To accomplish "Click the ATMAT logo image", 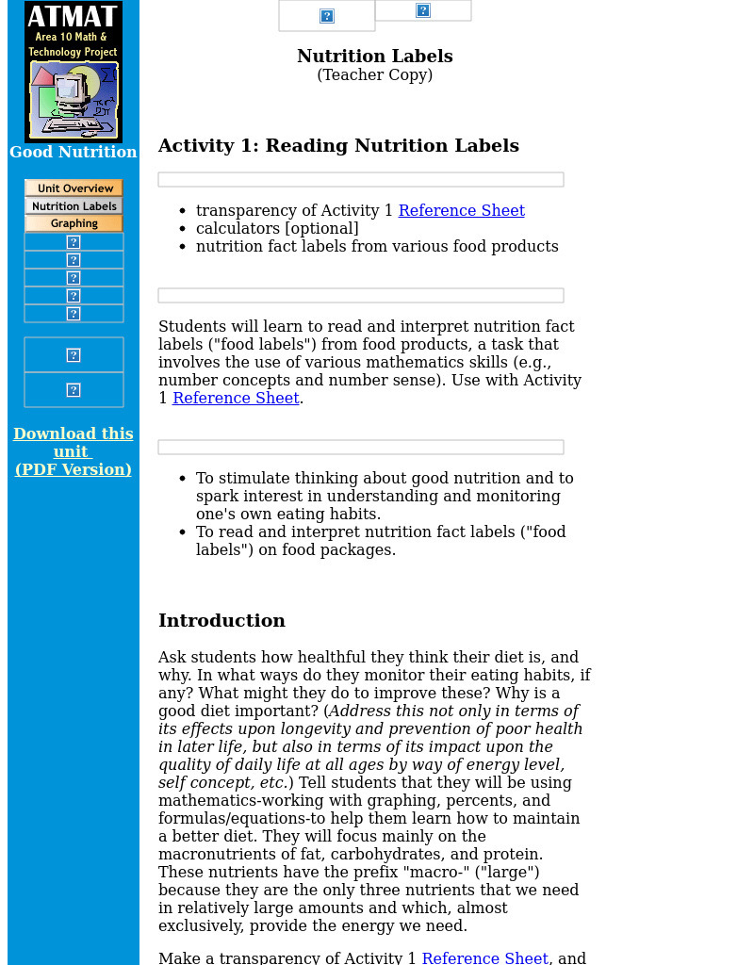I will click(74, 72).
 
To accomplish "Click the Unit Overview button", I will click(74, 188).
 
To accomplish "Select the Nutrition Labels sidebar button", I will click(74, 206).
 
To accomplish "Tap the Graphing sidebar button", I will click(74, 223).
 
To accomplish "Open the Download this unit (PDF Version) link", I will click(74, 451).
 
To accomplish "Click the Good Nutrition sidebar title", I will click(74, 153).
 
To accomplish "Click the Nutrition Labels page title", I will click(374, 57).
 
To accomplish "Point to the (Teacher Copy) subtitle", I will click(374, 75).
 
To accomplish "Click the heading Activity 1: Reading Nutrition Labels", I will click(338, 146).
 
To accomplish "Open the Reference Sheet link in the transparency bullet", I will click(461, 211).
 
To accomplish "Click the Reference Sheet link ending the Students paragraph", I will click(236, 399).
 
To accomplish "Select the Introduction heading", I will click(221, 621).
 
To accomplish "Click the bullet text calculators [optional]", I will click(277, 229).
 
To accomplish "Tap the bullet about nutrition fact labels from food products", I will click(377, 247).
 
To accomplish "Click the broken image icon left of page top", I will click(327, 16).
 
